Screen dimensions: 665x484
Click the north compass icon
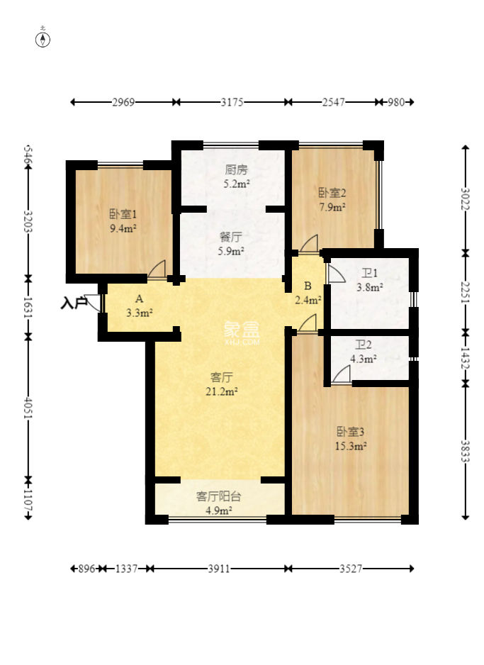[43, 39]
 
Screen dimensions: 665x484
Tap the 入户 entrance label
[73, 303]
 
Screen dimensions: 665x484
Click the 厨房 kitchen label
[237, 170]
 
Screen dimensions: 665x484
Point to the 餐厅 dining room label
[232, 238]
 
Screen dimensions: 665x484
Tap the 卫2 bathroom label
[364, 345]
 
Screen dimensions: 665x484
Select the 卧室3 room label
[351, 432]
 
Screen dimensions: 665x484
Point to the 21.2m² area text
[223, 391]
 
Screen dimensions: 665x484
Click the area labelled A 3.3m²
[140, 306]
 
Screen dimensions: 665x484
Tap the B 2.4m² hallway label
[308, 293]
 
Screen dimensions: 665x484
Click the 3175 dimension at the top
[232, 102]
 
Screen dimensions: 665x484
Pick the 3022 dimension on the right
[466, 196]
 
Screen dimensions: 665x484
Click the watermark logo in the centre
[242, 331]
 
